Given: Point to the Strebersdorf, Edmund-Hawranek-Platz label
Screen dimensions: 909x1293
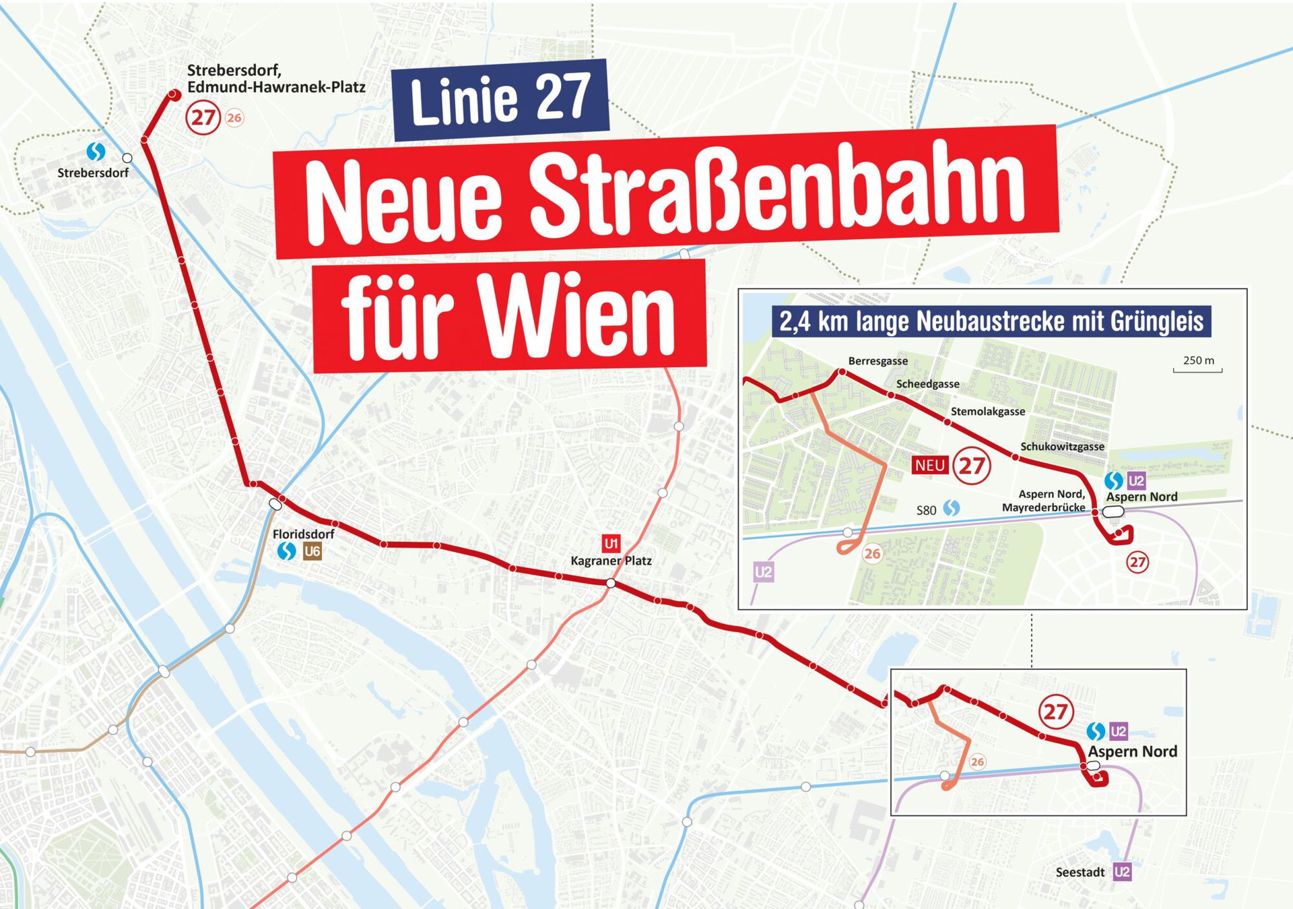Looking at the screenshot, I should tap(276, 79).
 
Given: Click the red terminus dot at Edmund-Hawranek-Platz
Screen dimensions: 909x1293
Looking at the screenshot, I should tap(174, 95).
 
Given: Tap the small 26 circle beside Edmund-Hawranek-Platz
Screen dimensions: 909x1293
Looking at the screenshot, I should tap(234, 118).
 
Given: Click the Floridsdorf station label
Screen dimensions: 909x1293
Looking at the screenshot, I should tap(303, 534).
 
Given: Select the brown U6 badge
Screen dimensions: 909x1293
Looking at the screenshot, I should tap(312, 551).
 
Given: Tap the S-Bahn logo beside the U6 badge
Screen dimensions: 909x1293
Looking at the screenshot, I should tap(286, 551).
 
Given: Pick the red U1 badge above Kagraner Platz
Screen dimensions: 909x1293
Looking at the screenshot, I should tap(611, 543).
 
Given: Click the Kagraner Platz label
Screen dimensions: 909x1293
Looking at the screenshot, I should tap(611, 561).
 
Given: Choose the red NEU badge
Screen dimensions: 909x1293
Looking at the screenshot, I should tap(930, 465).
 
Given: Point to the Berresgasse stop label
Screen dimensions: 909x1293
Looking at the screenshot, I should tap(877, 361).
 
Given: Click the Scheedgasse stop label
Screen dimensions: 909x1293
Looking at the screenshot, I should tap(927, 384).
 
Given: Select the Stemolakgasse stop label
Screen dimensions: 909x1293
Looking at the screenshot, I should tap(987, 412).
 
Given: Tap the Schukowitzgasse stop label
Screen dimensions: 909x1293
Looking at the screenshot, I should tap(1062, 447).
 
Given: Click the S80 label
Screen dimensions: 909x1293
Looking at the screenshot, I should tap(926, 510).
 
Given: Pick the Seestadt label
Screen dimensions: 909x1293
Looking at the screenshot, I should tap(1080, 872).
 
